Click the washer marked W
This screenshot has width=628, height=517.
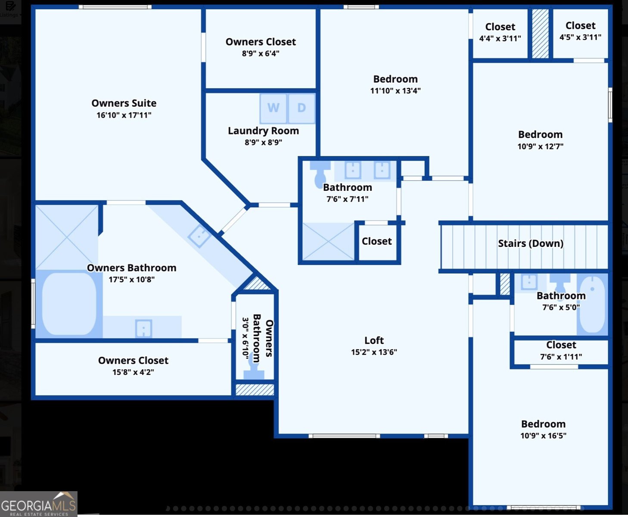tap(274, 108)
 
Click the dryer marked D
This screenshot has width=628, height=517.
tap(302, 108)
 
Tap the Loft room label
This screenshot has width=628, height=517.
tap(374, 340)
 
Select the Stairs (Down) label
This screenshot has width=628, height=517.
tap(531, 243)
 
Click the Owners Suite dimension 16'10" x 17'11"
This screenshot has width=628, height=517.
tap(124, 115)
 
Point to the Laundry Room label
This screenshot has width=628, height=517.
tap(263, 131)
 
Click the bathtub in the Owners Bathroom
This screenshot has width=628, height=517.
tap(69, 304)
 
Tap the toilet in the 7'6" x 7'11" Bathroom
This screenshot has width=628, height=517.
tap(320, 174)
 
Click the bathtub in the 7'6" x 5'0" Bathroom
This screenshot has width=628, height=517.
tap(592, 304)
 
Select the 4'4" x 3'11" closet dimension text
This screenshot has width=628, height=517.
tap(500, 38)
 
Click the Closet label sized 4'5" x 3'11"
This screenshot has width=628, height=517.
tap(580, 25)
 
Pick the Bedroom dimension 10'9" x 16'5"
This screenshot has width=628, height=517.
tap(543, 436)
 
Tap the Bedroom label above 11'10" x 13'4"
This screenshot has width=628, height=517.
tap(395, 79)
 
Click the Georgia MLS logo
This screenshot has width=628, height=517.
tap(39, 504)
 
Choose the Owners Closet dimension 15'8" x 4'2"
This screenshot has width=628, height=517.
tap(133, 372)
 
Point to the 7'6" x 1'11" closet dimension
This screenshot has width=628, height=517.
tap(561, 357)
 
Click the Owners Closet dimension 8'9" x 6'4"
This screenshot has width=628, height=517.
tap(261, 53)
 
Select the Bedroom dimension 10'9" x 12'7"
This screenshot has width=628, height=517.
tap(540, 146)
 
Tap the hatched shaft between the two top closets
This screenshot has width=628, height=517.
tap(540, 34)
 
